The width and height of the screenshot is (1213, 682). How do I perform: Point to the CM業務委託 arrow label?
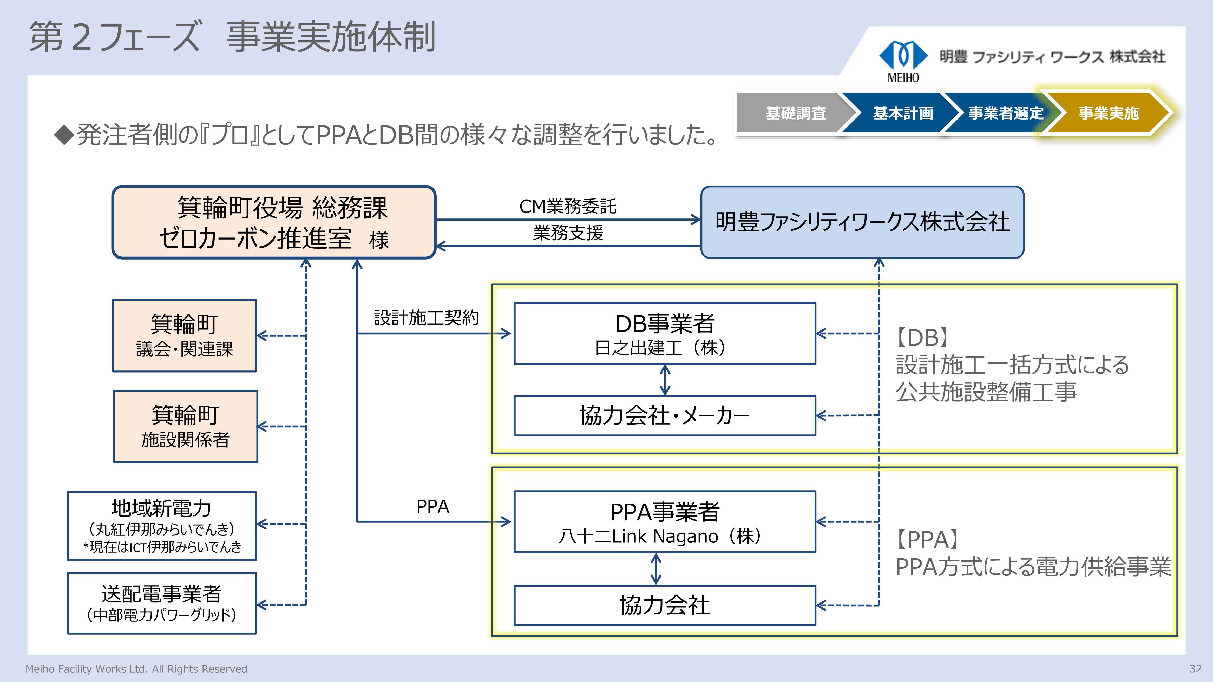coord(567,206)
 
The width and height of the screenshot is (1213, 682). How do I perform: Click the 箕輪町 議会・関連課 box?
coord(184,336)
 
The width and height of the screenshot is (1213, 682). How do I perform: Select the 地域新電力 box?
coord(161,526)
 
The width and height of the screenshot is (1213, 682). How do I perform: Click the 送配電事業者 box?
coord(161,603)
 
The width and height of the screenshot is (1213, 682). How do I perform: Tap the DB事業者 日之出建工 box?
coord(664,333)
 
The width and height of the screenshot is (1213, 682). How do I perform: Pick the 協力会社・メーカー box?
coord(664,416)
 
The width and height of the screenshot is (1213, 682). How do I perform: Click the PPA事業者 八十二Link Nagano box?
coord(664,521)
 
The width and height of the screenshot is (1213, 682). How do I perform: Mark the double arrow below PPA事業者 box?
coord(656,568)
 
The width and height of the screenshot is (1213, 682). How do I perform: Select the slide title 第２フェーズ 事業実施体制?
coord(232,37)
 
